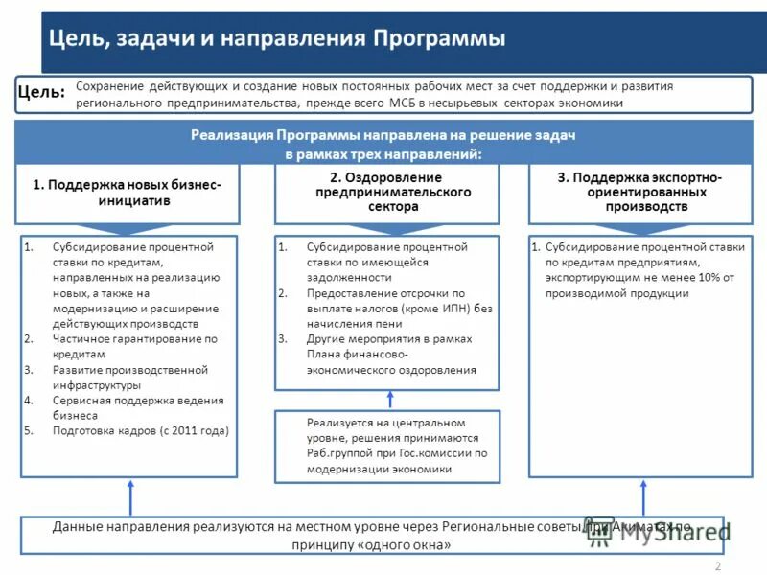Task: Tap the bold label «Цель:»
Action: [x=42, y=92]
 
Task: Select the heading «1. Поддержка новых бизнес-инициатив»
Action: [x=128, y=193]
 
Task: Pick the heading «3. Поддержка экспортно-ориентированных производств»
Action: [x=639, y=192]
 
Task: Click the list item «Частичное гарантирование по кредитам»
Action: [x=132, y=346]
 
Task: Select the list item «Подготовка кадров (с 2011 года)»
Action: [x=140, y=430]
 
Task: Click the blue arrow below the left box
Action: [x=129, y=496]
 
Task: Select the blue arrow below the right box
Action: [x=643, y=496]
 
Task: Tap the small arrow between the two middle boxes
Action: [x=386, y=400]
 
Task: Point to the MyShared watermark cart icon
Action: [x=600, y=535]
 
